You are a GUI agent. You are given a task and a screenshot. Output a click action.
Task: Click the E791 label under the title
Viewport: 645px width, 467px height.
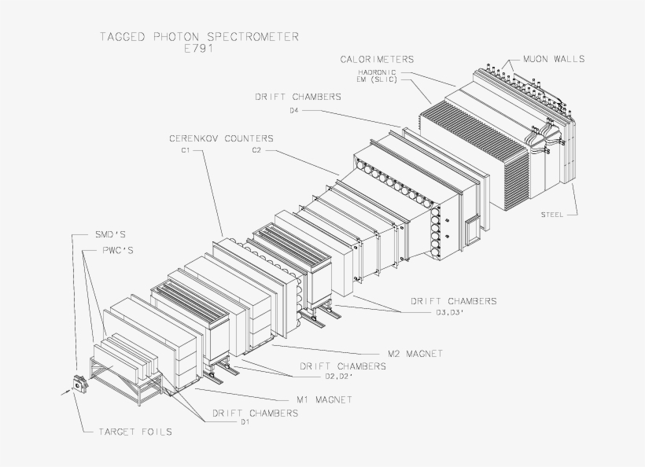click(198, 48)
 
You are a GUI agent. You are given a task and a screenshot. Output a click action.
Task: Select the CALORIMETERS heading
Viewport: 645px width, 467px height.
click(377, 59)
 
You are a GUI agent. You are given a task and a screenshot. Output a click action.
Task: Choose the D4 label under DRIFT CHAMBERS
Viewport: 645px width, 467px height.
click(293, 110)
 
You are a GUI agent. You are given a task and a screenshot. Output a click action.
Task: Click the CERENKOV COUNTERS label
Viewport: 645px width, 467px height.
click(221, 138)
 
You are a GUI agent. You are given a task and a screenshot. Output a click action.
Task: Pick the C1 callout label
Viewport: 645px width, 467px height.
click(186, 149)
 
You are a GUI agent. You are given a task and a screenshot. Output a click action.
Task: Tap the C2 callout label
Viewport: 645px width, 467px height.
click(256, 149)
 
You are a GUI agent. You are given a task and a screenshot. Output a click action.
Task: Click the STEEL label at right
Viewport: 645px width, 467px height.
click(551, 214)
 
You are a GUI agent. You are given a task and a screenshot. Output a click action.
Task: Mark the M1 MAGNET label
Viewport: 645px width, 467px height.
click(320, 399)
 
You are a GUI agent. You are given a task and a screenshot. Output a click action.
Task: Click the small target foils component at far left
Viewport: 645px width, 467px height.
click(79, 384)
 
